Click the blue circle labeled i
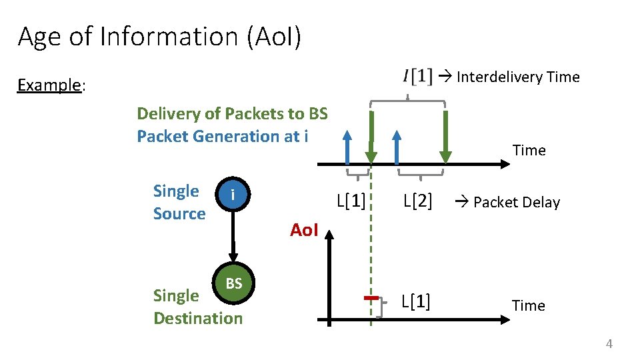point(233,195)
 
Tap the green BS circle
point(233,283)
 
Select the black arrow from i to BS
point(233,237)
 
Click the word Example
point(49,85)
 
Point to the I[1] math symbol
point(417,77)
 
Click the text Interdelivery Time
point(518,77)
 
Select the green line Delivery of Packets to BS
point(232,113)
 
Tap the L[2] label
point(417,201)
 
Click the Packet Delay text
point(516,202)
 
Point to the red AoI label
point(304,231)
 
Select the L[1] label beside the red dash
point(416,303)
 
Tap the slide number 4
point(608,343)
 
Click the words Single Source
point(179,202)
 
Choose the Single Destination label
point(197,307)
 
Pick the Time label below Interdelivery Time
point(529,150)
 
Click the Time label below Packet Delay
point(528,305)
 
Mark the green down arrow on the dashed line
point(371,137)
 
